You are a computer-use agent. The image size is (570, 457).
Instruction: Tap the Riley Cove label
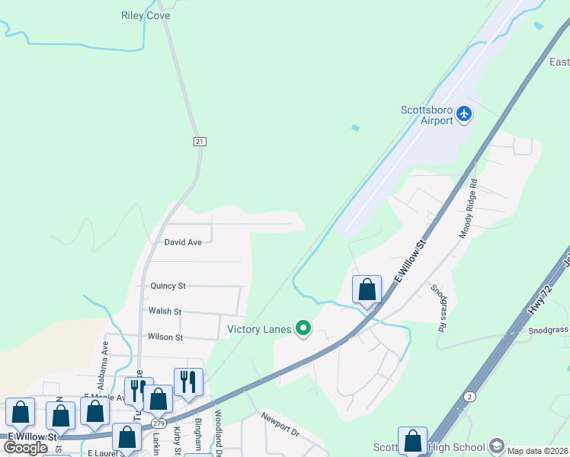click(x=146, y=15)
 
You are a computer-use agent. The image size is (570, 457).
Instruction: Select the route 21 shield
click(x=200, y=142)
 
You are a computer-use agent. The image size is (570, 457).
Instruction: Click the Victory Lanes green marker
click(x=303, y=329)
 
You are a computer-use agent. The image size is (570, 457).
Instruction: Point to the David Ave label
click(x=184, y=242)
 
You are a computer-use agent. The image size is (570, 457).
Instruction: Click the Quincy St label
click(x=168, y=286)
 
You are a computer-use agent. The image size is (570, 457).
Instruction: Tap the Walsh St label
click(x=165, y=312)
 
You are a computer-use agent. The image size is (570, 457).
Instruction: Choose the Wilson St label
click(x=165, y=337)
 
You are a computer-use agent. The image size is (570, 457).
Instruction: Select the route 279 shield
click(x=159, y=423)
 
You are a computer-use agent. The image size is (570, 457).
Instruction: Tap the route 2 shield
click(x=470, y=398)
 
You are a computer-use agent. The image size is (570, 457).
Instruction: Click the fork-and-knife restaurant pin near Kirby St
click(x=187, y=382)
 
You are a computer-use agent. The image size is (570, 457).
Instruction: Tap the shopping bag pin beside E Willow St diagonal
click(x=367, y=289)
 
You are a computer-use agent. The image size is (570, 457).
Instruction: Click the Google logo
click(x=26, y=448)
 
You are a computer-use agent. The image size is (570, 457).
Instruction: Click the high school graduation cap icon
click(x=497, y=446)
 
